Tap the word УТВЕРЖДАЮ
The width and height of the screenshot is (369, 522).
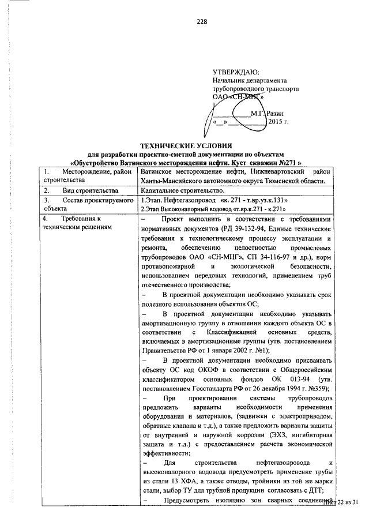tap(236, 72)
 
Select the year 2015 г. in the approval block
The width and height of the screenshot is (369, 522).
tap(278, 123)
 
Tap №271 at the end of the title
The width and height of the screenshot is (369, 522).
tap(290, 163)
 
